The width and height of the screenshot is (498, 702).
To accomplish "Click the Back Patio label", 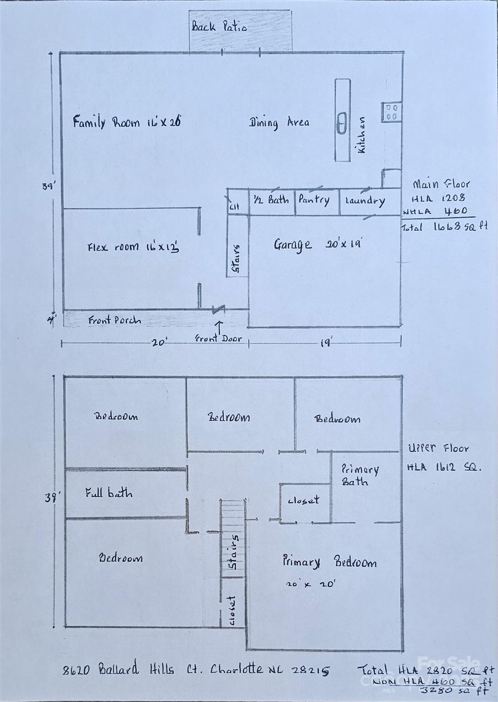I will click(x=219, y=27).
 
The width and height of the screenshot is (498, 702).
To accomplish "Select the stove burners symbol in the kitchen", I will click(x=391, y=112).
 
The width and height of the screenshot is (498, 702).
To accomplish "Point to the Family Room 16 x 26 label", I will click(x=127, y=122).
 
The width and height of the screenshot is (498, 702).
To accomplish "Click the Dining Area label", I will click(x=279, y=122).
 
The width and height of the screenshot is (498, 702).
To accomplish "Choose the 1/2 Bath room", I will click(x=271, y=200).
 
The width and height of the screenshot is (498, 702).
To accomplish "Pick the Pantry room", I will click(x=314, y=200).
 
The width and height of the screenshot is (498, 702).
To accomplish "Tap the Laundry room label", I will click(x=365, y=201).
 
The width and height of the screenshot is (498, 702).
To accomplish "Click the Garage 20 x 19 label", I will click(x=318, y=245).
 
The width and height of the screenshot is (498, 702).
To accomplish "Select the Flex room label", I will click(x=133, y=247).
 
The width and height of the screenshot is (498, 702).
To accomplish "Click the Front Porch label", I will click(x=114, y=320).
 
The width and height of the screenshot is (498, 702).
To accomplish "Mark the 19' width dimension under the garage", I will click(x=325, y=342).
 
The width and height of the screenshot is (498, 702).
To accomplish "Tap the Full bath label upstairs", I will click(x=109, y=493).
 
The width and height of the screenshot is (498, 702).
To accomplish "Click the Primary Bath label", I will click(x=360, y=475).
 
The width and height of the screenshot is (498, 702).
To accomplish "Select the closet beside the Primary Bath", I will click(x=303, y=501).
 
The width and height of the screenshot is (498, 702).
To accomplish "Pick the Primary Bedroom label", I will click(x=329, y=562).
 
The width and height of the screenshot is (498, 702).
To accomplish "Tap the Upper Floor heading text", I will click(x=438, y=448).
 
